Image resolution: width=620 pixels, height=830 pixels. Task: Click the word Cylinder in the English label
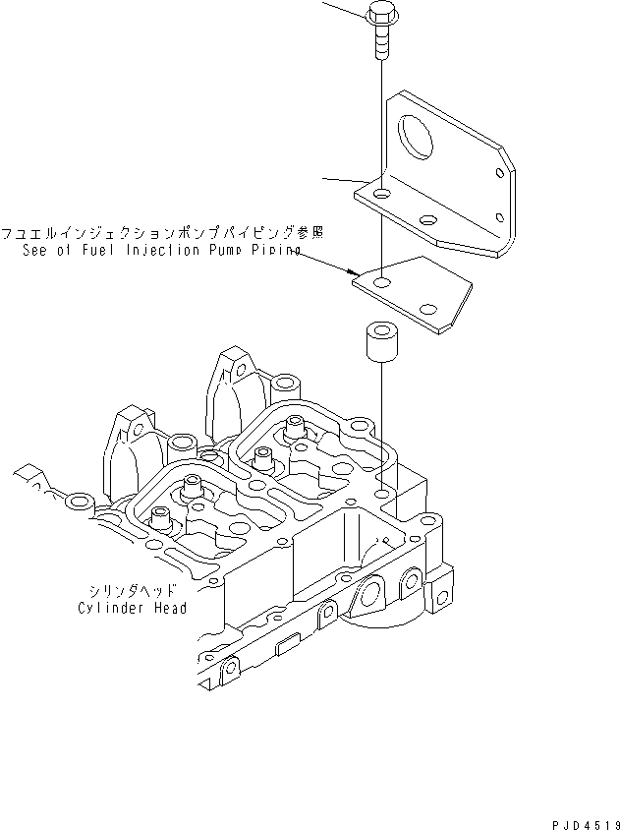pyautogui.click(x=112, y=608)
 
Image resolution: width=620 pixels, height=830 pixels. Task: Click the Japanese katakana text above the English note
pyautogui.click(x=163, y=234)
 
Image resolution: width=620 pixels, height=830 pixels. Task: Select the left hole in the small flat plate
pyautogui.click(x=381, y=284)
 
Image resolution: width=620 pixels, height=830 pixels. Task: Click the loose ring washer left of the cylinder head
pyautogui.click(x=77, y=503)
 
